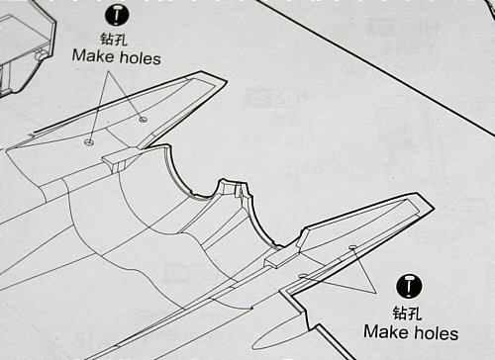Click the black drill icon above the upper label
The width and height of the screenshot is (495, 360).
coord(116,15)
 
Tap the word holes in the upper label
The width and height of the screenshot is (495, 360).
coord(139,56)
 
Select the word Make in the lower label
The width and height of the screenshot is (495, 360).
coord(385,332)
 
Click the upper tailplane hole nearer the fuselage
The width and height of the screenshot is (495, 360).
coord(90,141)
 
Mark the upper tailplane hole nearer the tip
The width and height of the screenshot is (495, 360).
coord(143,120)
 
